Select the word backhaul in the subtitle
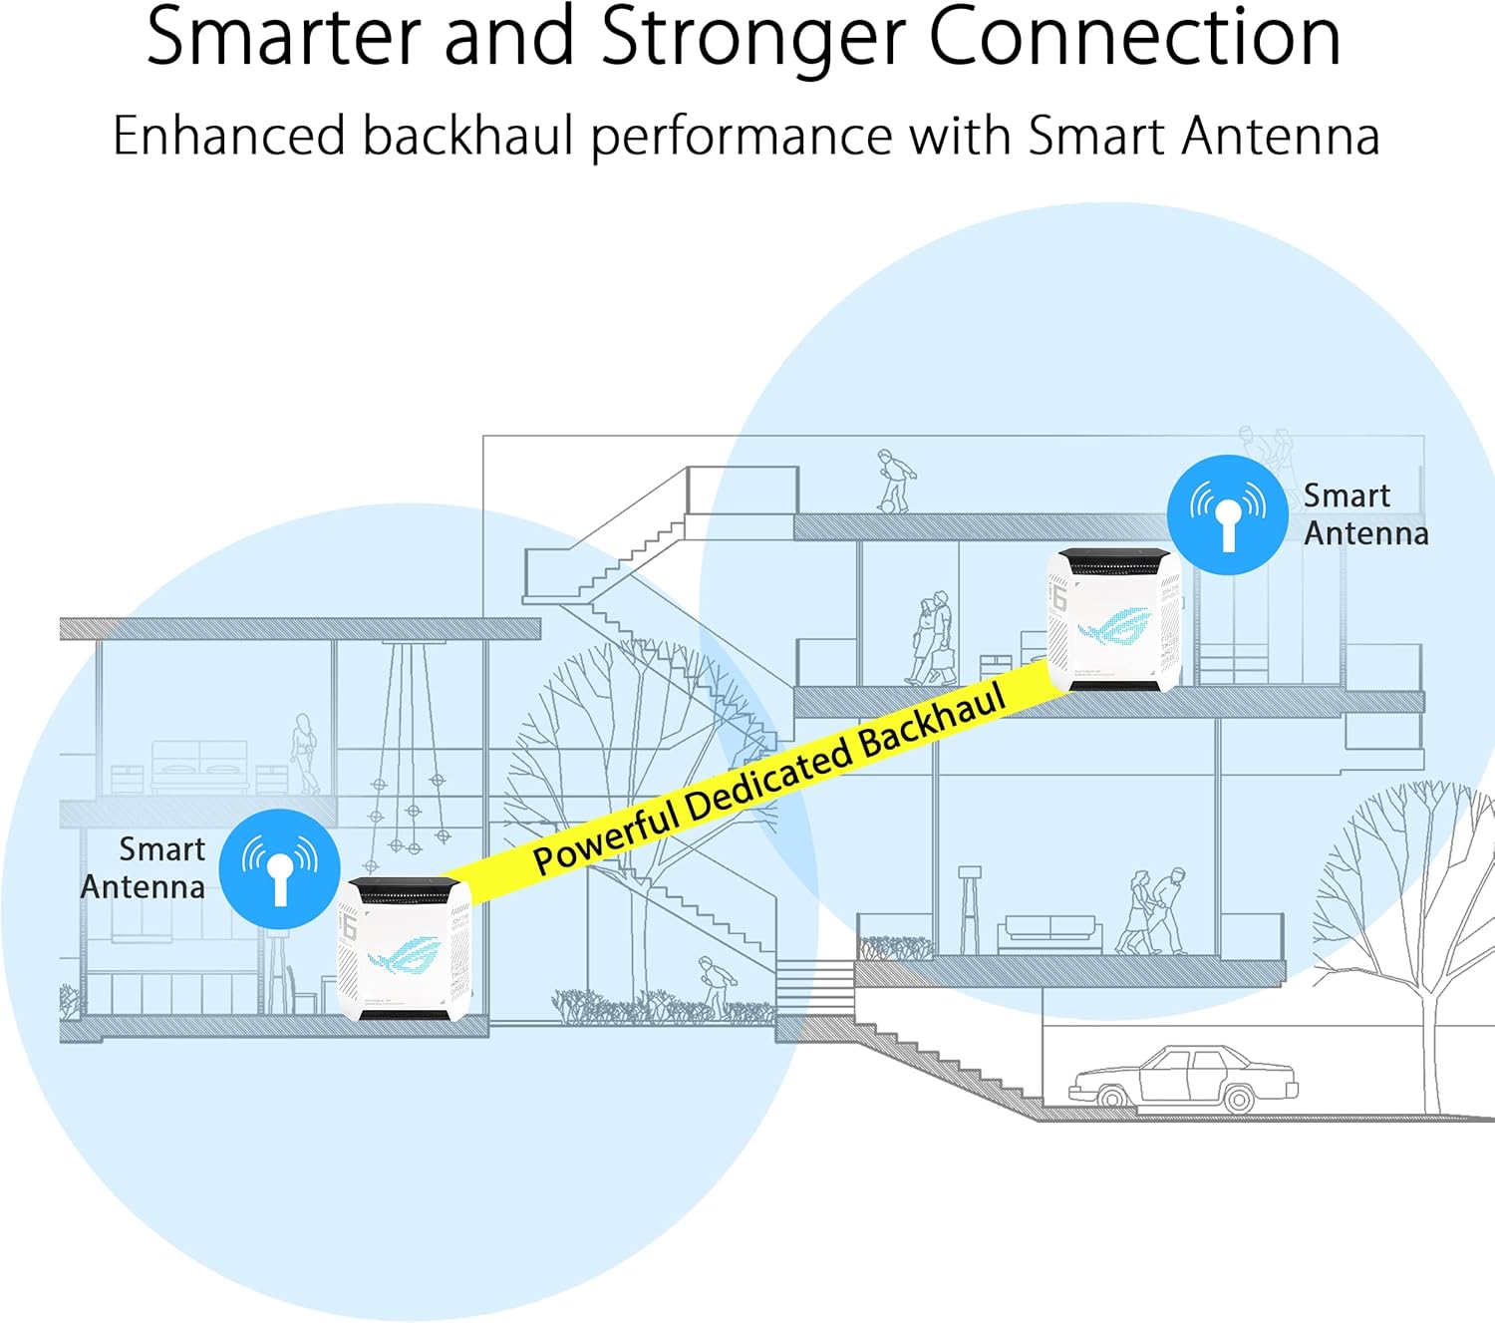coord(467,136)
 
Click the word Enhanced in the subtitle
coord(228,136)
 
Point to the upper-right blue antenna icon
coord(1228,514)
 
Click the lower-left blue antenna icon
coord(280,868)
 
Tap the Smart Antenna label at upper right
coord(1365,514)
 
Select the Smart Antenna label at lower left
coord(145,867)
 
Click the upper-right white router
coord(1113,619)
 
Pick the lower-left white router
coord(404,949)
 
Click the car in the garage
coord(1183,1080)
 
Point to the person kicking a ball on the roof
coord(894,481)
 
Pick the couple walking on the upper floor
coord(931,638)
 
